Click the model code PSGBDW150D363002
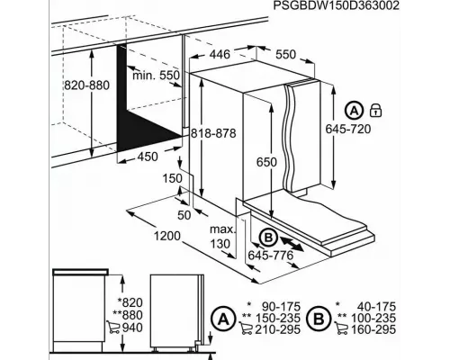[x=337, y=5]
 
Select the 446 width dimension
[x=220, y=54]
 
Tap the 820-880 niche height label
[x=87, y=85]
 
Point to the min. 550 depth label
[x=156, y=75]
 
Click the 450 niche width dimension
[x=148, y=157]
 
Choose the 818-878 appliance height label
[x=213, y=133]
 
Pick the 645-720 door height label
[x=348, y=129]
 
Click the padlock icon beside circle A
[x=375, y=110]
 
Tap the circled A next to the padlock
[x=355, y=111]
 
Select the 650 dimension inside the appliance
[x=266, y=162]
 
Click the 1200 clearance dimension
[x=167, y=236]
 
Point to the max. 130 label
[x=222, y=237]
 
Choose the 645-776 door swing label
[x=271, y=256]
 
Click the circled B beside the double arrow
[x=268, y=238]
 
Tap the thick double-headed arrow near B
[x=292, y=243]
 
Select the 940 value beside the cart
[x=132, y=328]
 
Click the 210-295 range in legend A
[x=277, y=329]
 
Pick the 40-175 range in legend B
[x=376, y=307]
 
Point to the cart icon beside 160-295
[x=341, y=328]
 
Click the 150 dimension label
[x=173, y=178]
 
